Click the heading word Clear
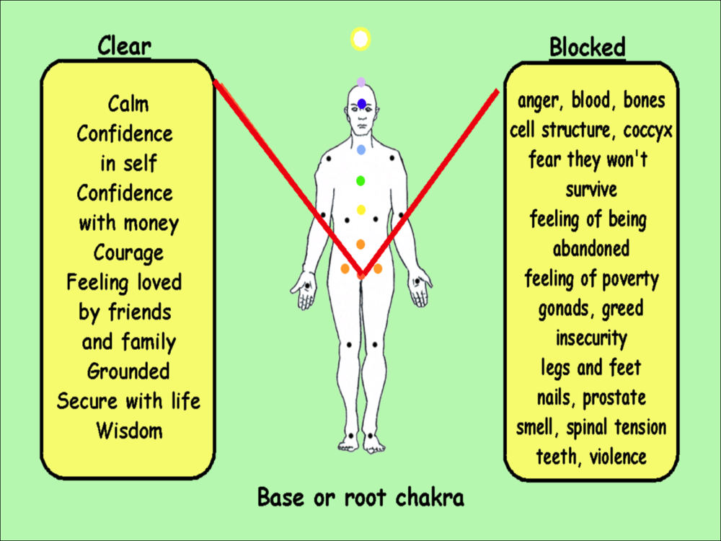(x=124, y=46)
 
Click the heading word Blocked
(x=588, y=47)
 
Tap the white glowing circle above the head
(x=360, y=39)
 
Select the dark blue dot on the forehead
(x=362, y=104)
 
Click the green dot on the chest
(x=361, y=181)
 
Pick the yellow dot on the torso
(x=361, y=210)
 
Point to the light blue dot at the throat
(x=361, y=149)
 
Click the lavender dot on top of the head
(x=361, y=82)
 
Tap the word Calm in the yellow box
(x=128, y=104)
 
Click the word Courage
(x=128, y=253)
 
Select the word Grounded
(x=128, y=371)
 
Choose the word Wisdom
(x=129, y=431)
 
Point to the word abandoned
(x=591, y=249)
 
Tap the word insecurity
(x=591, y=338)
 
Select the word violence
(x=618, y=457)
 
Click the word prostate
(x=614, y=398)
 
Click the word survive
(x=591, y=190)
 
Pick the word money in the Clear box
(x=151, y=224)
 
